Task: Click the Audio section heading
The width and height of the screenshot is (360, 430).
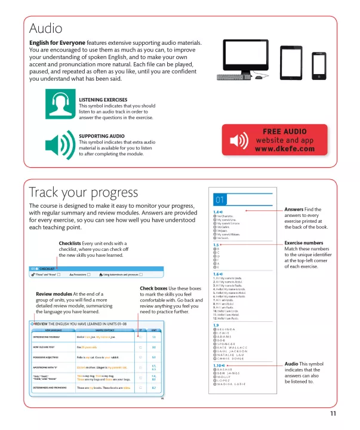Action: click(x=46, y=28)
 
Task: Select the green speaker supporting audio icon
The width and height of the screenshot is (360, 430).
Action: click(x=60, y=144)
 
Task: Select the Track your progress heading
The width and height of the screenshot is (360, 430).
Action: click(x=83, y=192)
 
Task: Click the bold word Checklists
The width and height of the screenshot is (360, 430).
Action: click(x=75, y=244)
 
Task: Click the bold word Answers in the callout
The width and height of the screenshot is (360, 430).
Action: click(x=294, y=209)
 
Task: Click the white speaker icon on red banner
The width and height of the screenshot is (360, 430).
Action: click(x=238, y=141)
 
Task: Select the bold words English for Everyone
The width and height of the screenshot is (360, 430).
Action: click(x=57, y=43)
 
